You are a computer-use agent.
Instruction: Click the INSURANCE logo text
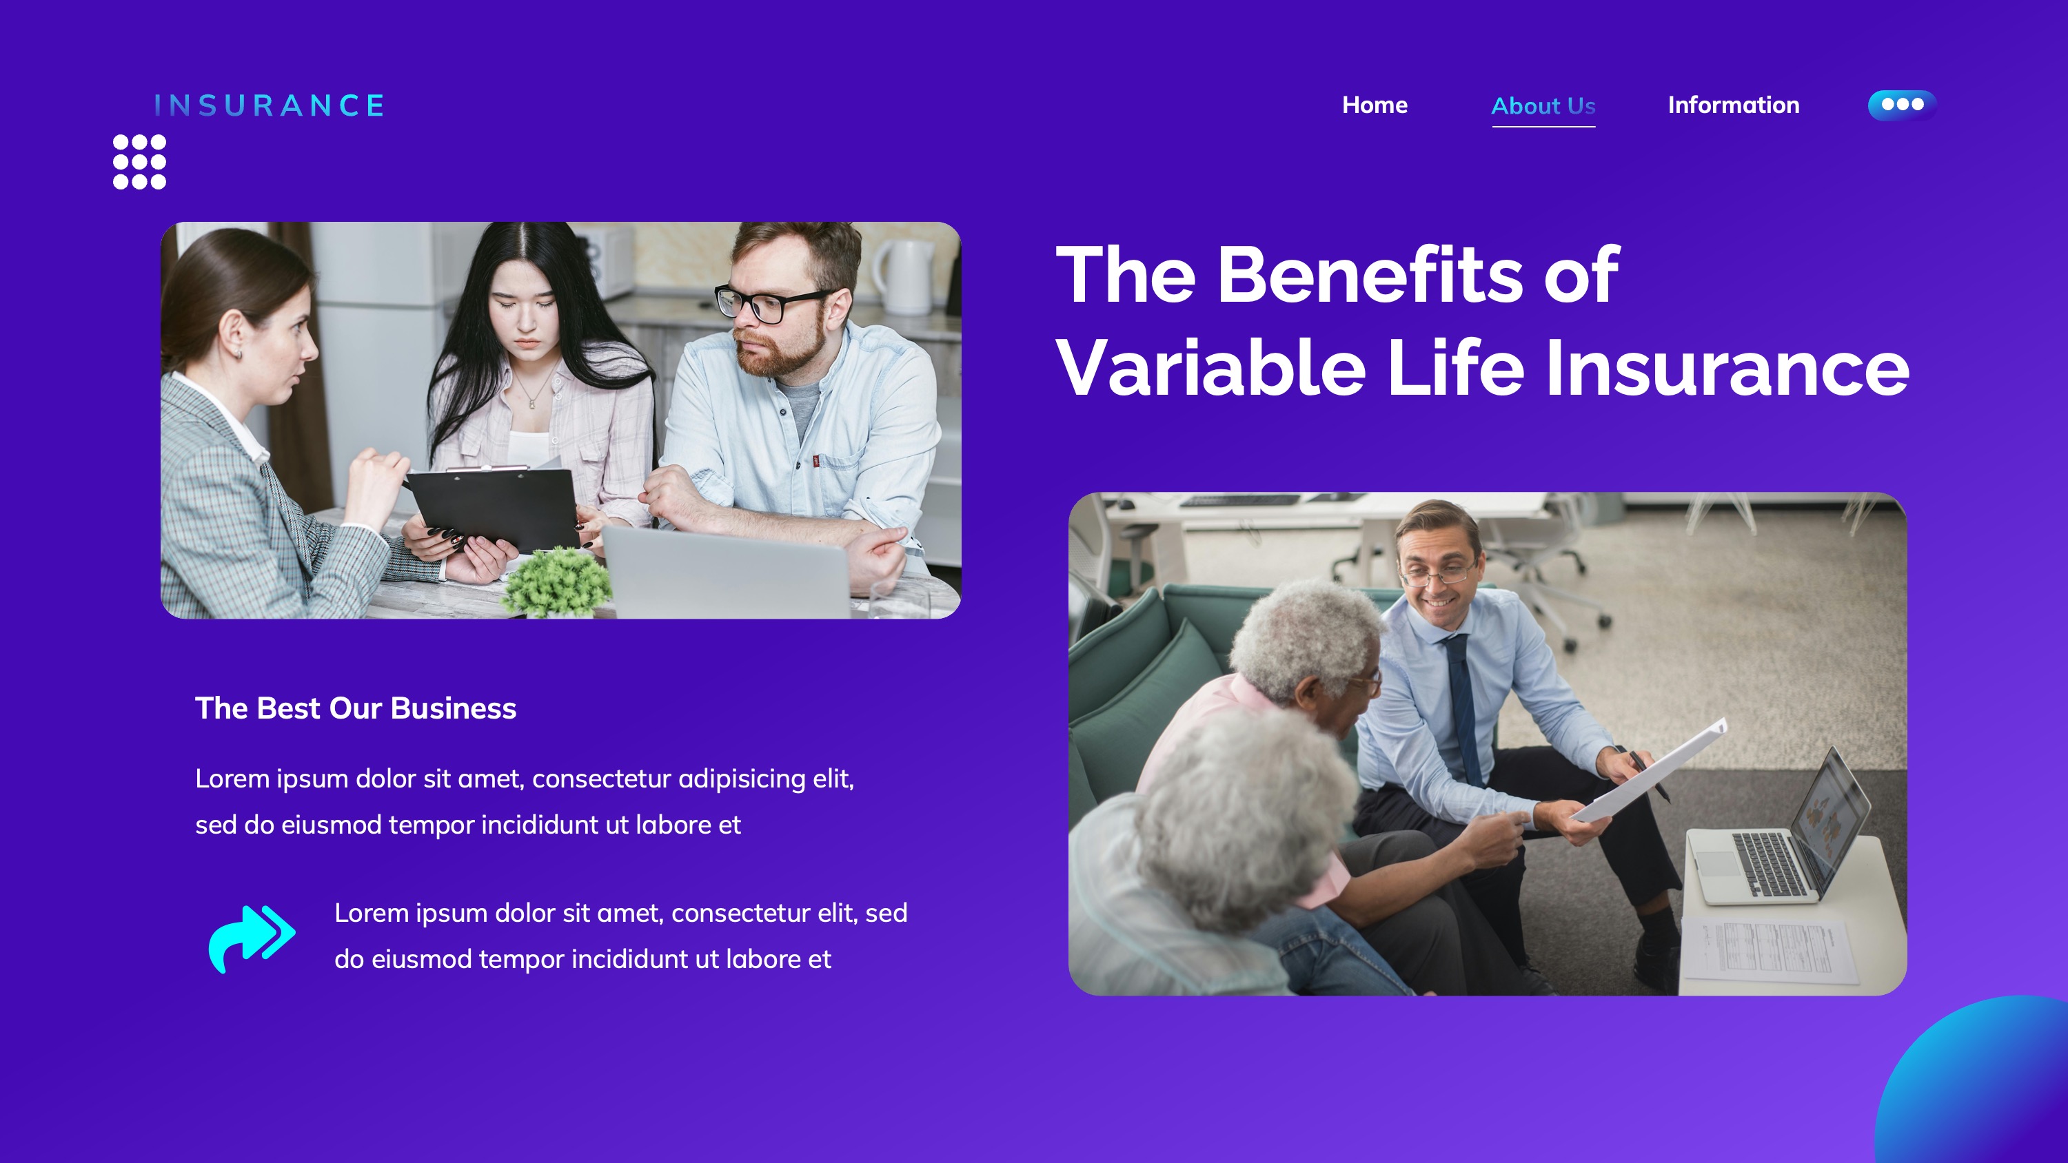(269, 105)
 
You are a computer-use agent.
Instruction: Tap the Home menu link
(1375, 105)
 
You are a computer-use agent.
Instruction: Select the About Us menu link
(1543, 106)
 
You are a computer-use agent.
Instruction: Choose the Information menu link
(1733, 105)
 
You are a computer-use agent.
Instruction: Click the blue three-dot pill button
(1902, 104)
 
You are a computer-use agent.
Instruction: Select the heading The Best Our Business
(356, 708)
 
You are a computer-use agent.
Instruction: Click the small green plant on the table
(557, 582)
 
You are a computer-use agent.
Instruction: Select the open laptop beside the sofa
(1782, 843)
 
